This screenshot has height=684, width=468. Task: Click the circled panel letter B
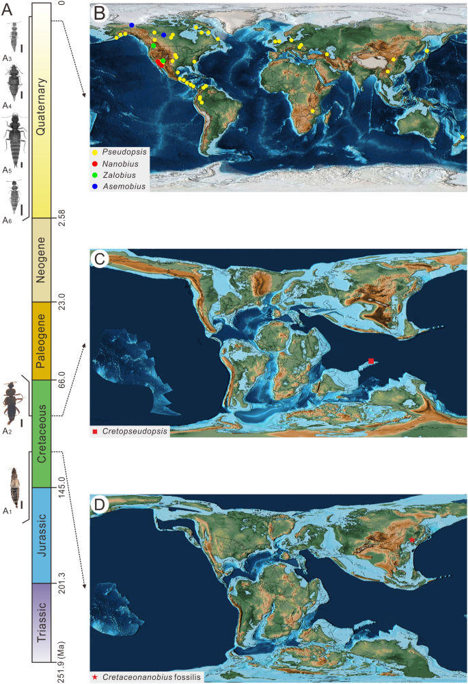click(98, 12)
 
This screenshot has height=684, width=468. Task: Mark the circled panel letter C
click(98, 259)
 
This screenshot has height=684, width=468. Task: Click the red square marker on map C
click(371, 360)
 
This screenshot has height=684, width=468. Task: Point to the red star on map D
click(411, 541)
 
